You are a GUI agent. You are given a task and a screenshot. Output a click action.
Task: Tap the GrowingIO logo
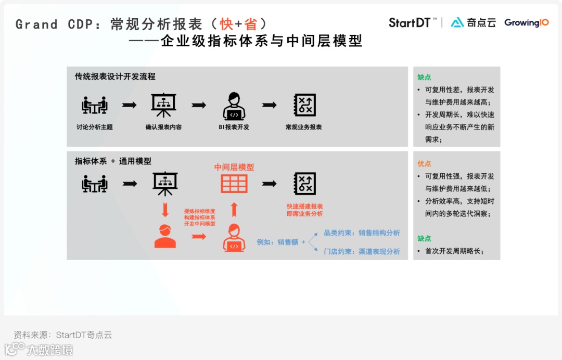(x=526, y=23)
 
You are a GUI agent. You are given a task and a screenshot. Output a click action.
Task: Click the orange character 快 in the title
(x=226, y=24)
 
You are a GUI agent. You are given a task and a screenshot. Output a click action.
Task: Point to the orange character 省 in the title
(x=251, y=24)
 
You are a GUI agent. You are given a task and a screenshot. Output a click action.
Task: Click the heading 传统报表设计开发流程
(x=115, y=76)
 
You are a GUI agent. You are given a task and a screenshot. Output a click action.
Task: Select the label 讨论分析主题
(x=95, y=127)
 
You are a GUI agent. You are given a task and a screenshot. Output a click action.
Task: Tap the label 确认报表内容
(x=164, y=127)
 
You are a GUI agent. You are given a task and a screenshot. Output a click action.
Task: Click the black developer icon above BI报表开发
(x=234, y=106)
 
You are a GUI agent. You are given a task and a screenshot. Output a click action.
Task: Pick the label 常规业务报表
(x=304, y=127)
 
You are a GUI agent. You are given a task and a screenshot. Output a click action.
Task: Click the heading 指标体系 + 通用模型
(x=113, y=161)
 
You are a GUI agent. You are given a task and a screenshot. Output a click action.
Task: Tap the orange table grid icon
(x=234, y=184)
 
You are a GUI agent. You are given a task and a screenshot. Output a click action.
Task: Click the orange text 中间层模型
(x=234, y=167)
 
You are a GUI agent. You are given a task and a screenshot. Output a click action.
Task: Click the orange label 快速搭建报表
(x=305, y=207)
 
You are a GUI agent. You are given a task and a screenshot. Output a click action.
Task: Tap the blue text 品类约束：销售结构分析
(x=362, y=233)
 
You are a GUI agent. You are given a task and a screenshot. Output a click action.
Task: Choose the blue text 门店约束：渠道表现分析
(x=362, y=252)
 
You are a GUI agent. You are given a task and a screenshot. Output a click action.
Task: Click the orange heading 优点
(x=424, y=163)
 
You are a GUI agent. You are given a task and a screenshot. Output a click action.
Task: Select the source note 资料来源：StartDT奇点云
(x=63, y=335)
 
